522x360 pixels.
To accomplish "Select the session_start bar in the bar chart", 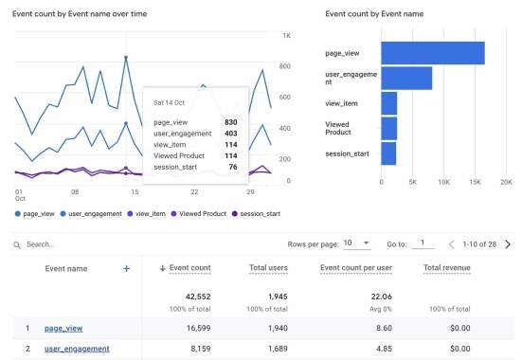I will pos(388,153).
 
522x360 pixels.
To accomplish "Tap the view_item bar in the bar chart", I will pos(388,103).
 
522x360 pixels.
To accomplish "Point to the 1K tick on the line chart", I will pos(286,35).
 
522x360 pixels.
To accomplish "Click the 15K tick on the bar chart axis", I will pos(475,181).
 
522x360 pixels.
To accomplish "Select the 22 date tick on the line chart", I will pos(194,192).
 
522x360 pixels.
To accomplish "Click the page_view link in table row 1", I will pos(64,328).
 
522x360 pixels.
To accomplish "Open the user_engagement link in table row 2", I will pos(78,349).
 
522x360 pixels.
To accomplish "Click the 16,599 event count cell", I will pos(193,328).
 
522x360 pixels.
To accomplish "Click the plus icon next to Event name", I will pos(126,268).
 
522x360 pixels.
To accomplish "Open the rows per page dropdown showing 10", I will pos(354,243).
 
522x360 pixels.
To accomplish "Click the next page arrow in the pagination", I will pos(508,243).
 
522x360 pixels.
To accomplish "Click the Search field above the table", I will pos(95,244).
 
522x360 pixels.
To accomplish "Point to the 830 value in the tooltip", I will pos(231,122).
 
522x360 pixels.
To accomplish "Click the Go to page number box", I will pos(423,243).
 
